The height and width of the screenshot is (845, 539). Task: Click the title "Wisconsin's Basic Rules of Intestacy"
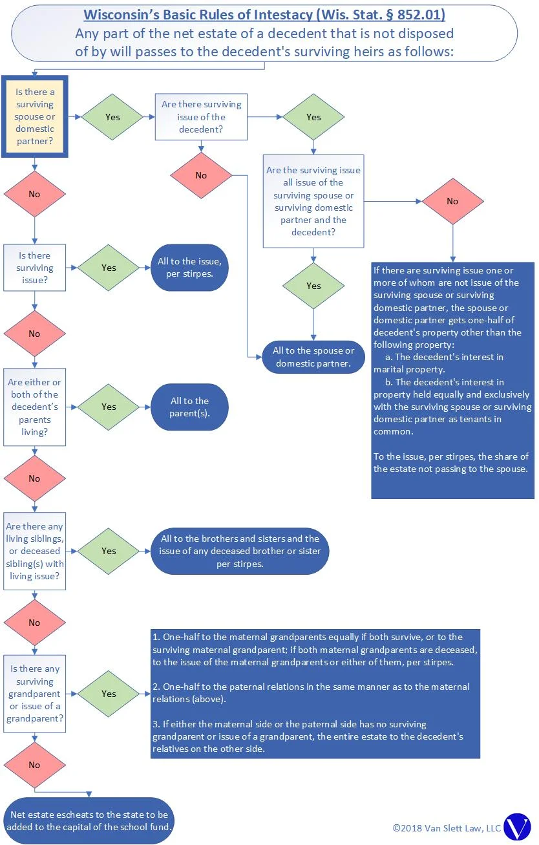coord(264,15)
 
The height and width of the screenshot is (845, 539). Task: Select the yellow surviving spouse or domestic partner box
coord(35,116)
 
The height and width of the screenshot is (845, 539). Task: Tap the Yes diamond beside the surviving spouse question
coord(112,117)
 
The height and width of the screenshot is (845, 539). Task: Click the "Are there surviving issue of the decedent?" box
coord(201,117)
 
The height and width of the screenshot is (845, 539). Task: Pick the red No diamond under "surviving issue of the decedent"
coord(201,175)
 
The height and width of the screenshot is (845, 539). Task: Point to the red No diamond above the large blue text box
coord(452,201)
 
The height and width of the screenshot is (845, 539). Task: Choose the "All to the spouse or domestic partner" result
coord(313,357)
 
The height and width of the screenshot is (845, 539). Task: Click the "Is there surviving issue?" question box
coord(35,268)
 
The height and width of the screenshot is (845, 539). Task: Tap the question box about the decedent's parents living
coord(35,407)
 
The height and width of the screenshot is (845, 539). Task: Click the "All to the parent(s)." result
coord(189,407)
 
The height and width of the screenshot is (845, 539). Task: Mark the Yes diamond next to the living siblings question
coord(109,551)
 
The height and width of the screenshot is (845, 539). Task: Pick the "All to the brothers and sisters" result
coord(239,551)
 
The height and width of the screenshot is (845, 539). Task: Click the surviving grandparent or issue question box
coord(35,694)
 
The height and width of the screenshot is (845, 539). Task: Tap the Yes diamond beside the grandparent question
coord(109,694)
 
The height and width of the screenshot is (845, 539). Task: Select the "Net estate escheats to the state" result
coord(89,821)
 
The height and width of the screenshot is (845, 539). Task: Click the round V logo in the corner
coord(516,827)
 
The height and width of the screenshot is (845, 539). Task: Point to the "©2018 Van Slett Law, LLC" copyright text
coord(447,828)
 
